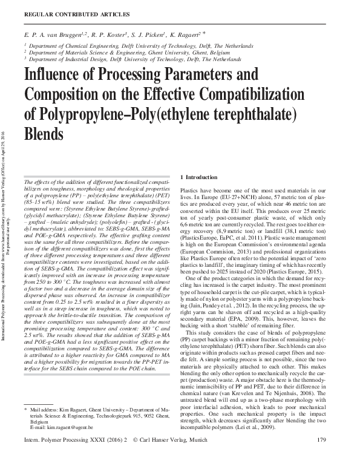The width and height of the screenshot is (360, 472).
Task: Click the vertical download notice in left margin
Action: [x=6, y=236]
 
